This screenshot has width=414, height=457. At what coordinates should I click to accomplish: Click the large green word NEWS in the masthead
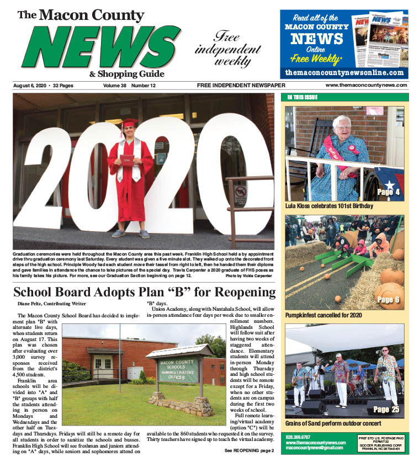(x=102, y=46)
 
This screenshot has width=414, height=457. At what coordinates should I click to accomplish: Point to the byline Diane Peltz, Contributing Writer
(x=48, y=304)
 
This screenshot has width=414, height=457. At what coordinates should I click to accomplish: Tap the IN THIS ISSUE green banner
(x=302, y=98)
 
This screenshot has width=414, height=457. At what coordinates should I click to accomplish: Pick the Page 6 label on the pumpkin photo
(x=389, y=300)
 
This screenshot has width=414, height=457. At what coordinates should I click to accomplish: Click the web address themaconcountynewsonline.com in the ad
(x=344, y=73)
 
